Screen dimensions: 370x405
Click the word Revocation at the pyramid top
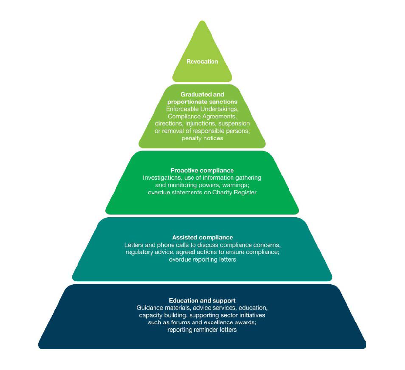[202, 61]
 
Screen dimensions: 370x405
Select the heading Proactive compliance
[202, 171]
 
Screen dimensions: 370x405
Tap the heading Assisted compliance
[202, 238]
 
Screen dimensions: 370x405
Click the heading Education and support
[202, 301]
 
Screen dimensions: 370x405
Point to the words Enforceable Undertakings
[202, 109]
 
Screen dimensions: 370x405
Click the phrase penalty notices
[202, 138]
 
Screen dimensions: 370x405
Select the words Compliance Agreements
[202, 116]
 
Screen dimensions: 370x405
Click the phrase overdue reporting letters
[202, 260]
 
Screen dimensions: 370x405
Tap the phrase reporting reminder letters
[202, 330]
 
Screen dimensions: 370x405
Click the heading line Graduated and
[202, 94]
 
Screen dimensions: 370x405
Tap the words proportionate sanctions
[202, 101]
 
